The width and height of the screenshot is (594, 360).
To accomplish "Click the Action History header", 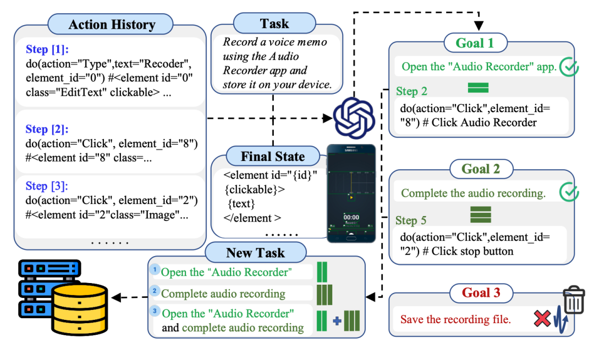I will (x=112, y=25).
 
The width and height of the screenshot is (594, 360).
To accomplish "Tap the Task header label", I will (x=274, y=24).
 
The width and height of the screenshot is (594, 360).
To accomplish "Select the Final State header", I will (x=273, y=157).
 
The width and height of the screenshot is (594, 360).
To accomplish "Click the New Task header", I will (x=255, y=253).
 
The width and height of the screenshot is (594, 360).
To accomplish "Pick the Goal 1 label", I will (x=475, y=42).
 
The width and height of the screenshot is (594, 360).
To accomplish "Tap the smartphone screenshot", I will (x=351, y=193).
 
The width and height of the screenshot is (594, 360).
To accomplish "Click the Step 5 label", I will (x=411, y=220).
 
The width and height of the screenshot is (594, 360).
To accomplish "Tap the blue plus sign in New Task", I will (x=337, y=320).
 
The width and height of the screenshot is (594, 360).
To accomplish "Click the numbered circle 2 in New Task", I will (x=155, y=291).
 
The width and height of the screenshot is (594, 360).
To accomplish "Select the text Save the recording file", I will (x=455, y=319).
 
